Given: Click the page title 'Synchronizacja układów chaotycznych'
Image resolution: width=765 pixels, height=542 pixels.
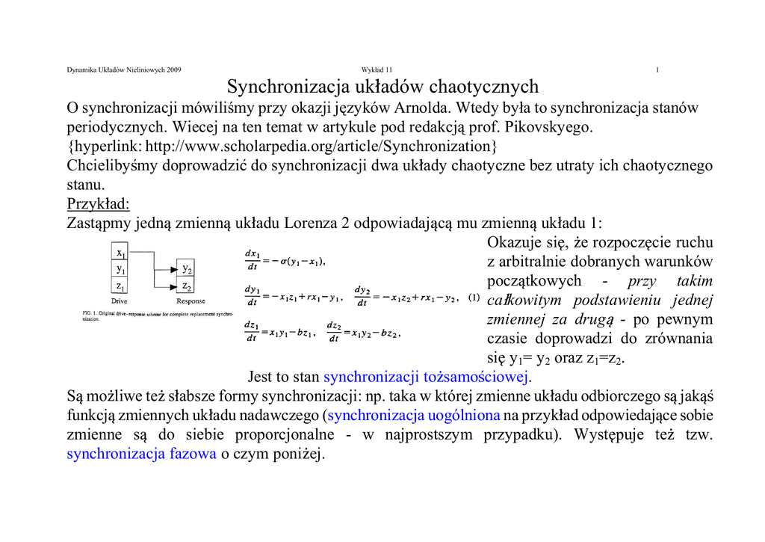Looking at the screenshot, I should pos(382,87).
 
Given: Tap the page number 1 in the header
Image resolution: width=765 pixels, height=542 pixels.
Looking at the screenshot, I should pos(657,70).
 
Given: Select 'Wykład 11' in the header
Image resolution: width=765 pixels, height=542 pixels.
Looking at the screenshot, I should pos(377,70).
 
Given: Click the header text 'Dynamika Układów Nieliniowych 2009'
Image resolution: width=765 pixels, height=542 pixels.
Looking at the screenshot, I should pos(124,70).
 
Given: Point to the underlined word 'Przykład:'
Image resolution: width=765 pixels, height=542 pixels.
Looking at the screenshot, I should pos(99,204).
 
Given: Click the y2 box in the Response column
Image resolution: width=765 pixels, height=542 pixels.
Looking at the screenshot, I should pos(187,269).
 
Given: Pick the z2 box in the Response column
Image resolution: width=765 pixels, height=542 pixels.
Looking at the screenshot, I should pos(187,286).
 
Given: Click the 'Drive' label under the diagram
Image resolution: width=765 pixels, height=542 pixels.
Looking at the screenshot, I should pos(120,301).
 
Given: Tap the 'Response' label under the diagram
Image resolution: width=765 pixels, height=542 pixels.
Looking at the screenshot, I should pos(191,301).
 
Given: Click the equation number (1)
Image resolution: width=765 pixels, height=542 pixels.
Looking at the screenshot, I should pos(474,298).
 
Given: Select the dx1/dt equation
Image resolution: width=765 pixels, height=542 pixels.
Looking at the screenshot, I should pos(285,260).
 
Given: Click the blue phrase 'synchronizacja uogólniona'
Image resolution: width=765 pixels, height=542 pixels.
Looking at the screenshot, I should pos(414,415).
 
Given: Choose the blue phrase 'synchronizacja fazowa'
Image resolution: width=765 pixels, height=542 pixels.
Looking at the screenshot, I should pos(141,454).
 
